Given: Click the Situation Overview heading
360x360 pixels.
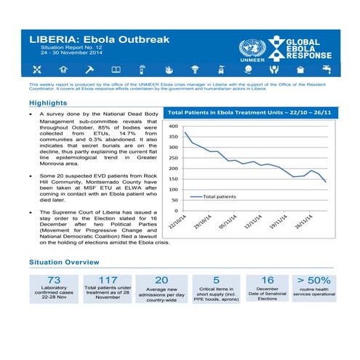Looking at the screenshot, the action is click(64, 261).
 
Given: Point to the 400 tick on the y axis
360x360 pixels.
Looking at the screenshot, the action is click(173, 127).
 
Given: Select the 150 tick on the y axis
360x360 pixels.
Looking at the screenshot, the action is click(173, 179).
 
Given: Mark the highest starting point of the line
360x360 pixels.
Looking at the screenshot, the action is click(185, 132).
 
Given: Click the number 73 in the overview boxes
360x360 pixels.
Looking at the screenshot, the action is click(53, 280).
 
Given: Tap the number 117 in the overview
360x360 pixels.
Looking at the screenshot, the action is click(108, 280).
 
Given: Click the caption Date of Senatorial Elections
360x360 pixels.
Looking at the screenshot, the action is click(268, 294).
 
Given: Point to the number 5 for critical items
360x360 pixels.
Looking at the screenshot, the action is click(216, 280).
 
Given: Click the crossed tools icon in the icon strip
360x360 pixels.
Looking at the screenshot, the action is click(38, 70).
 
